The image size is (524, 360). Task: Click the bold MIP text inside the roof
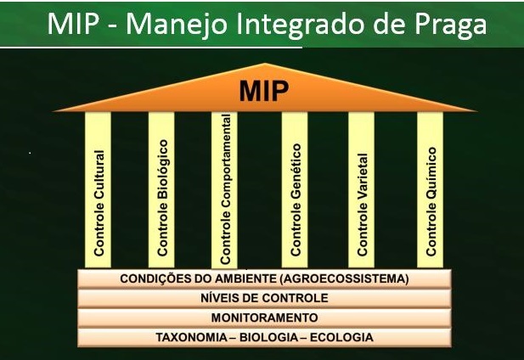(263, 91)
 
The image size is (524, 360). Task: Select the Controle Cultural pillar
(98, 189)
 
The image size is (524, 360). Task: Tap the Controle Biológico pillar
(161, 189)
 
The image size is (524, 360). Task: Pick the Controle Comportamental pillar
(224, 189)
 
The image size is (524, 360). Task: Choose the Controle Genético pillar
(295, 189)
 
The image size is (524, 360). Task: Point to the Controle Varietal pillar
(361, 189)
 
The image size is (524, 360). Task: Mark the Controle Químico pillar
(430, 189)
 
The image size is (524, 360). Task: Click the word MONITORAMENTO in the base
(264, 318)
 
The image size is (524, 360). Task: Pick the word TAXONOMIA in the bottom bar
(191, 337)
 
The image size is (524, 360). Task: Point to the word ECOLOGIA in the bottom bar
(341, 337)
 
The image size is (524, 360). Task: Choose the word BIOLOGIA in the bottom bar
(268, 337)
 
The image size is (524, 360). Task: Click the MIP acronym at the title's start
(73, 24)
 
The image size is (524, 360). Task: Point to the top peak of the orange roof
(265, 63)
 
